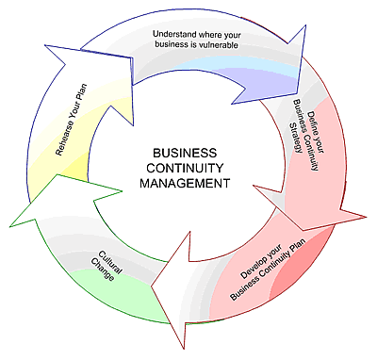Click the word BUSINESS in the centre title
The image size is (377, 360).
185,153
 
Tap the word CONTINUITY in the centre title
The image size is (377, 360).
185,168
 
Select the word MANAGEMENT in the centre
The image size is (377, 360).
185,183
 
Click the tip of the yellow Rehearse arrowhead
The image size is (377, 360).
45,45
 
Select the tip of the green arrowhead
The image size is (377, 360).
10,226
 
